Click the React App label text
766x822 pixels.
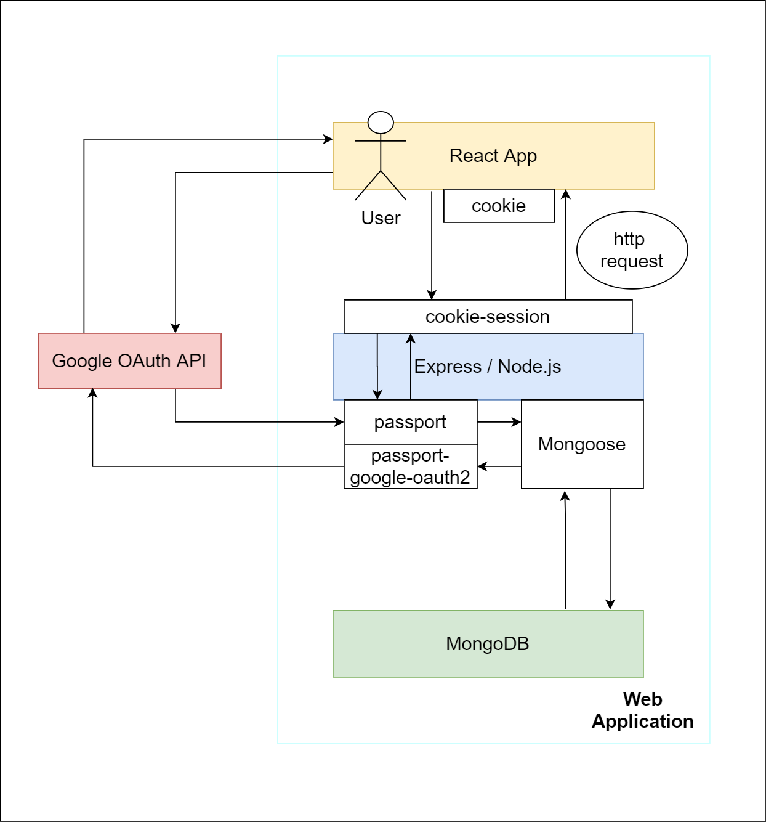[493, 156]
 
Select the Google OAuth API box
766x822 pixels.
[129, 361]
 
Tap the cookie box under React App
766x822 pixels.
[499, 206]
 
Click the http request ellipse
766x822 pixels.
[632, 250]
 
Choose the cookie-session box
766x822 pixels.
[488, 317]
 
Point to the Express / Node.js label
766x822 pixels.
[487, 367]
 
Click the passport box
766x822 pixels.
[410, 422]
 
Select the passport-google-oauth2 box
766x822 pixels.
[410, 466]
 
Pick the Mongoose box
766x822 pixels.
[582, 444]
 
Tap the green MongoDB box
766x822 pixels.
[488, 644]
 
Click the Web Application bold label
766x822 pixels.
[642, 710]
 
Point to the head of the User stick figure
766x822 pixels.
[381, 123]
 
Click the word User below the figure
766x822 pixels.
[381, 218]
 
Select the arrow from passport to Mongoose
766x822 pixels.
[499, 422]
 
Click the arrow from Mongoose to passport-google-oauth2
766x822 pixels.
[499, 466]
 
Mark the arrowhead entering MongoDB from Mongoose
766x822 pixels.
[610, 604]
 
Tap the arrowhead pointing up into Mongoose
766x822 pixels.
[565, 495]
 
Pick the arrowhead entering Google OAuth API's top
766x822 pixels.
[175, 328]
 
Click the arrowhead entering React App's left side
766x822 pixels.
[328, 140]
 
